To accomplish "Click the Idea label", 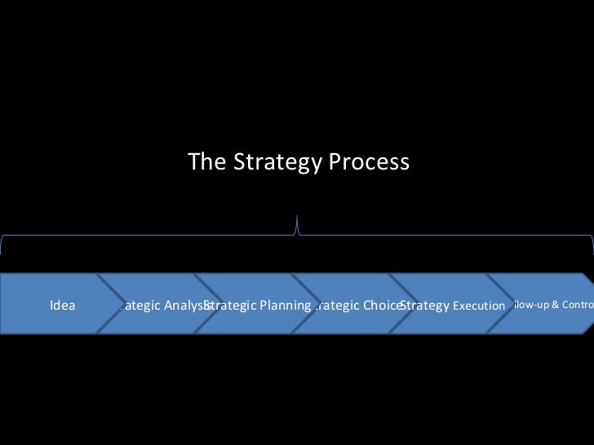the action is point(63,306).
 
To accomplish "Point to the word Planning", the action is point(285,306).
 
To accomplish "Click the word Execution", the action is point(479,306).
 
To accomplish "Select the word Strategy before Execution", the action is point(424,306).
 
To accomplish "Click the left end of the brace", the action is point(2,245).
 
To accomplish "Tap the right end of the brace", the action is point(592,245).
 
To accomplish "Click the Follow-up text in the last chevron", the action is point(531,305).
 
